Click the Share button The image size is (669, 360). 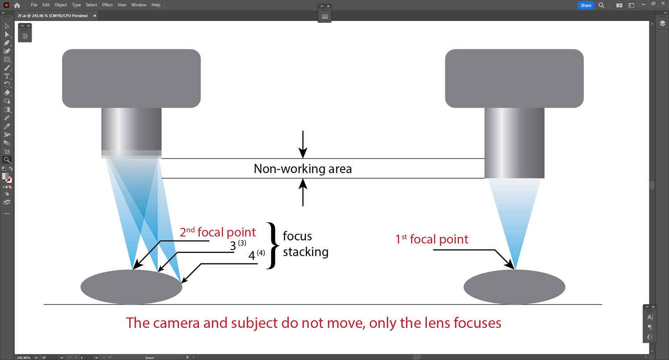586,5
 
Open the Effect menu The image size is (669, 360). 107,5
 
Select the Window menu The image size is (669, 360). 139,5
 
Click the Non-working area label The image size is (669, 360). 302,169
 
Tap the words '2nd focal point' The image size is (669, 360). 218,232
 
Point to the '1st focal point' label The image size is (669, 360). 432,240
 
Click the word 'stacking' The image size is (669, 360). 306,252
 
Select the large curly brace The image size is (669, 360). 271,245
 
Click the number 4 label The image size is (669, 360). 252,256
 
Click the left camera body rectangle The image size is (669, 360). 131,78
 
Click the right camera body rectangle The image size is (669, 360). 514,78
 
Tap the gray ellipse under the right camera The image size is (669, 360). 514,287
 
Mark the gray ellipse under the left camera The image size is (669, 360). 131,287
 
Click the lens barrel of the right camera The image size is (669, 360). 514,143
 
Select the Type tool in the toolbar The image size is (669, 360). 7,76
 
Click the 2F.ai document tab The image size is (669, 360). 53,16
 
